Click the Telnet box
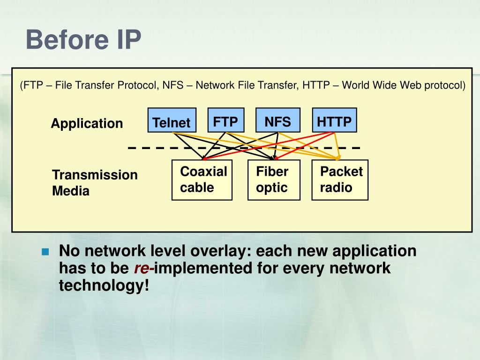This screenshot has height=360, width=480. click(172, 120)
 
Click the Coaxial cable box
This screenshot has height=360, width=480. click(202, 180)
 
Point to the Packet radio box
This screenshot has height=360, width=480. click(340, 180)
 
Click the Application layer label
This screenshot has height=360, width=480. click(87, 124)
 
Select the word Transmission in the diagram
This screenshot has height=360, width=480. click(95, 175)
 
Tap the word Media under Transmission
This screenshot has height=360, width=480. click(71, 191)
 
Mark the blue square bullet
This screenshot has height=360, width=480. click(45, 252)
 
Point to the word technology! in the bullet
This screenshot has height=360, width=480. click(104, 285)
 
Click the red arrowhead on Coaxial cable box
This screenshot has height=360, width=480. click(204, 158)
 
